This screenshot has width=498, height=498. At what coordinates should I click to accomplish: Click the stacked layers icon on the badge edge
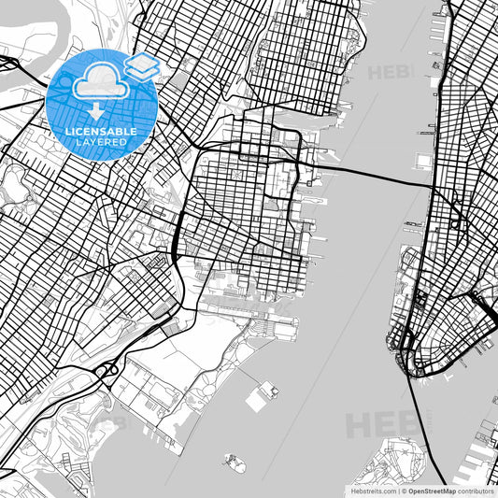pos(141,66)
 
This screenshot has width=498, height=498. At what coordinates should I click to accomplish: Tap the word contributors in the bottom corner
pos(473,490)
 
